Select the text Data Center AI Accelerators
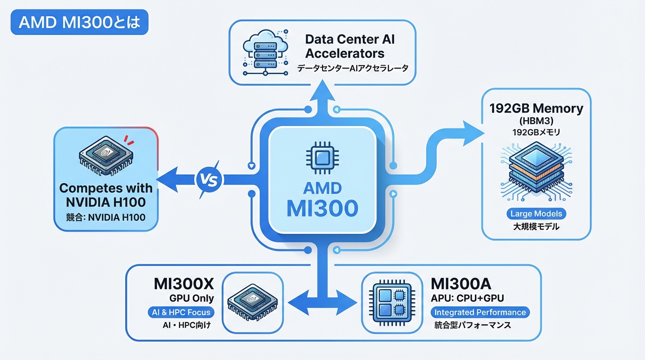point(350,45)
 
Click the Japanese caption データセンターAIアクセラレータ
point(352,68)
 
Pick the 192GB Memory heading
point(536,109)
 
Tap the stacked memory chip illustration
point(536,173)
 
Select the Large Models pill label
point(537,214)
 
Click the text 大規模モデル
point(536,227)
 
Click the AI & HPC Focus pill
point(181,312)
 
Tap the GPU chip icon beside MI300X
point(252,303)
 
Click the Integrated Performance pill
point(480,312)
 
